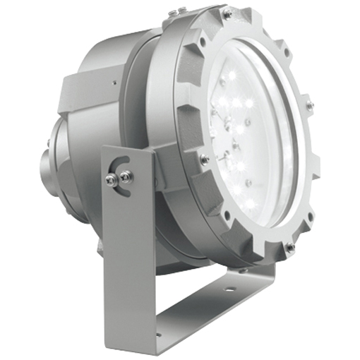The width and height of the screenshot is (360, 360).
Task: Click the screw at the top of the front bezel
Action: (x=227, y=13)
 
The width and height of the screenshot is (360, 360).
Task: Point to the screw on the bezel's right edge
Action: (x=309, y=105)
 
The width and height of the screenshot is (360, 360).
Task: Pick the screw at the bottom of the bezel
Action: (x=289, y=247)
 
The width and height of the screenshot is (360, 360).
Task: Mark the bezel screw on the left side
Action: (x=204, y=160)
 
